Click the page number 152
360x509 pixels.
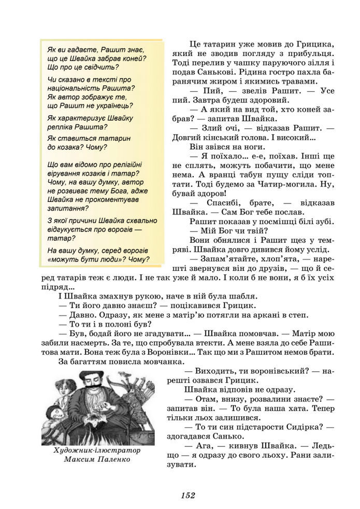pyautogui.click(x=188, y=495)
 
